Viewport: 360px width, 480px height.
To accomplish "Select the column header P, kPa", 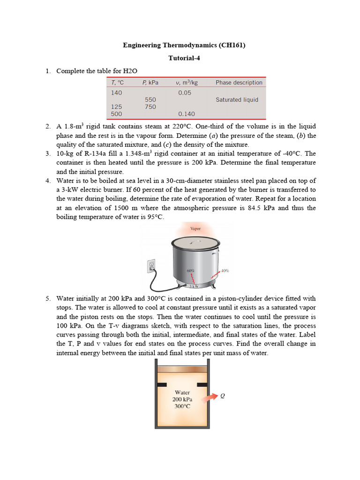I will (x=150, y=82).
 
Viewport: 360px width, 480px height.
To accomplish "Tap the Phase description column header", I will (x=239, y=82).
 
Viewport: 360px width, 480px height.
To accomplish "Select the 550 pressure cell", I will (x=150, y=100).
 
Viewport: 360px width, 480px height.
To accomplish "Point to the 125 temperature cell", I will (x=116, y=107).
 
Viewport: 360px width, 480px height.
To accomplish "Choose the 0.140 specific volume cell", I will (x=187, y=114).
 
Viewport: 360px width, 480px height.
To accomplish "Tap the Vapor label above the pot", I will (x=195, y=229).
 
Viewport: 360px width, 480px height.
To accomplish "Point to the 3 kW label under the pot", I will (x=194, y=286).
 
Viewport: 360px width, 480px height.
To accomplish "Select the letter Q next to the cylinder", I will (x=223, y=395).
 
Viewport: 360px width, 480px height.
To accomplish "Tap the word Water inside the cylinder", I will (x=182, y=392).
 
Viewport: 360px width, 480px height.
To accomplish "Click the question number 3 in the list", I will (x=48, y=153).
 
